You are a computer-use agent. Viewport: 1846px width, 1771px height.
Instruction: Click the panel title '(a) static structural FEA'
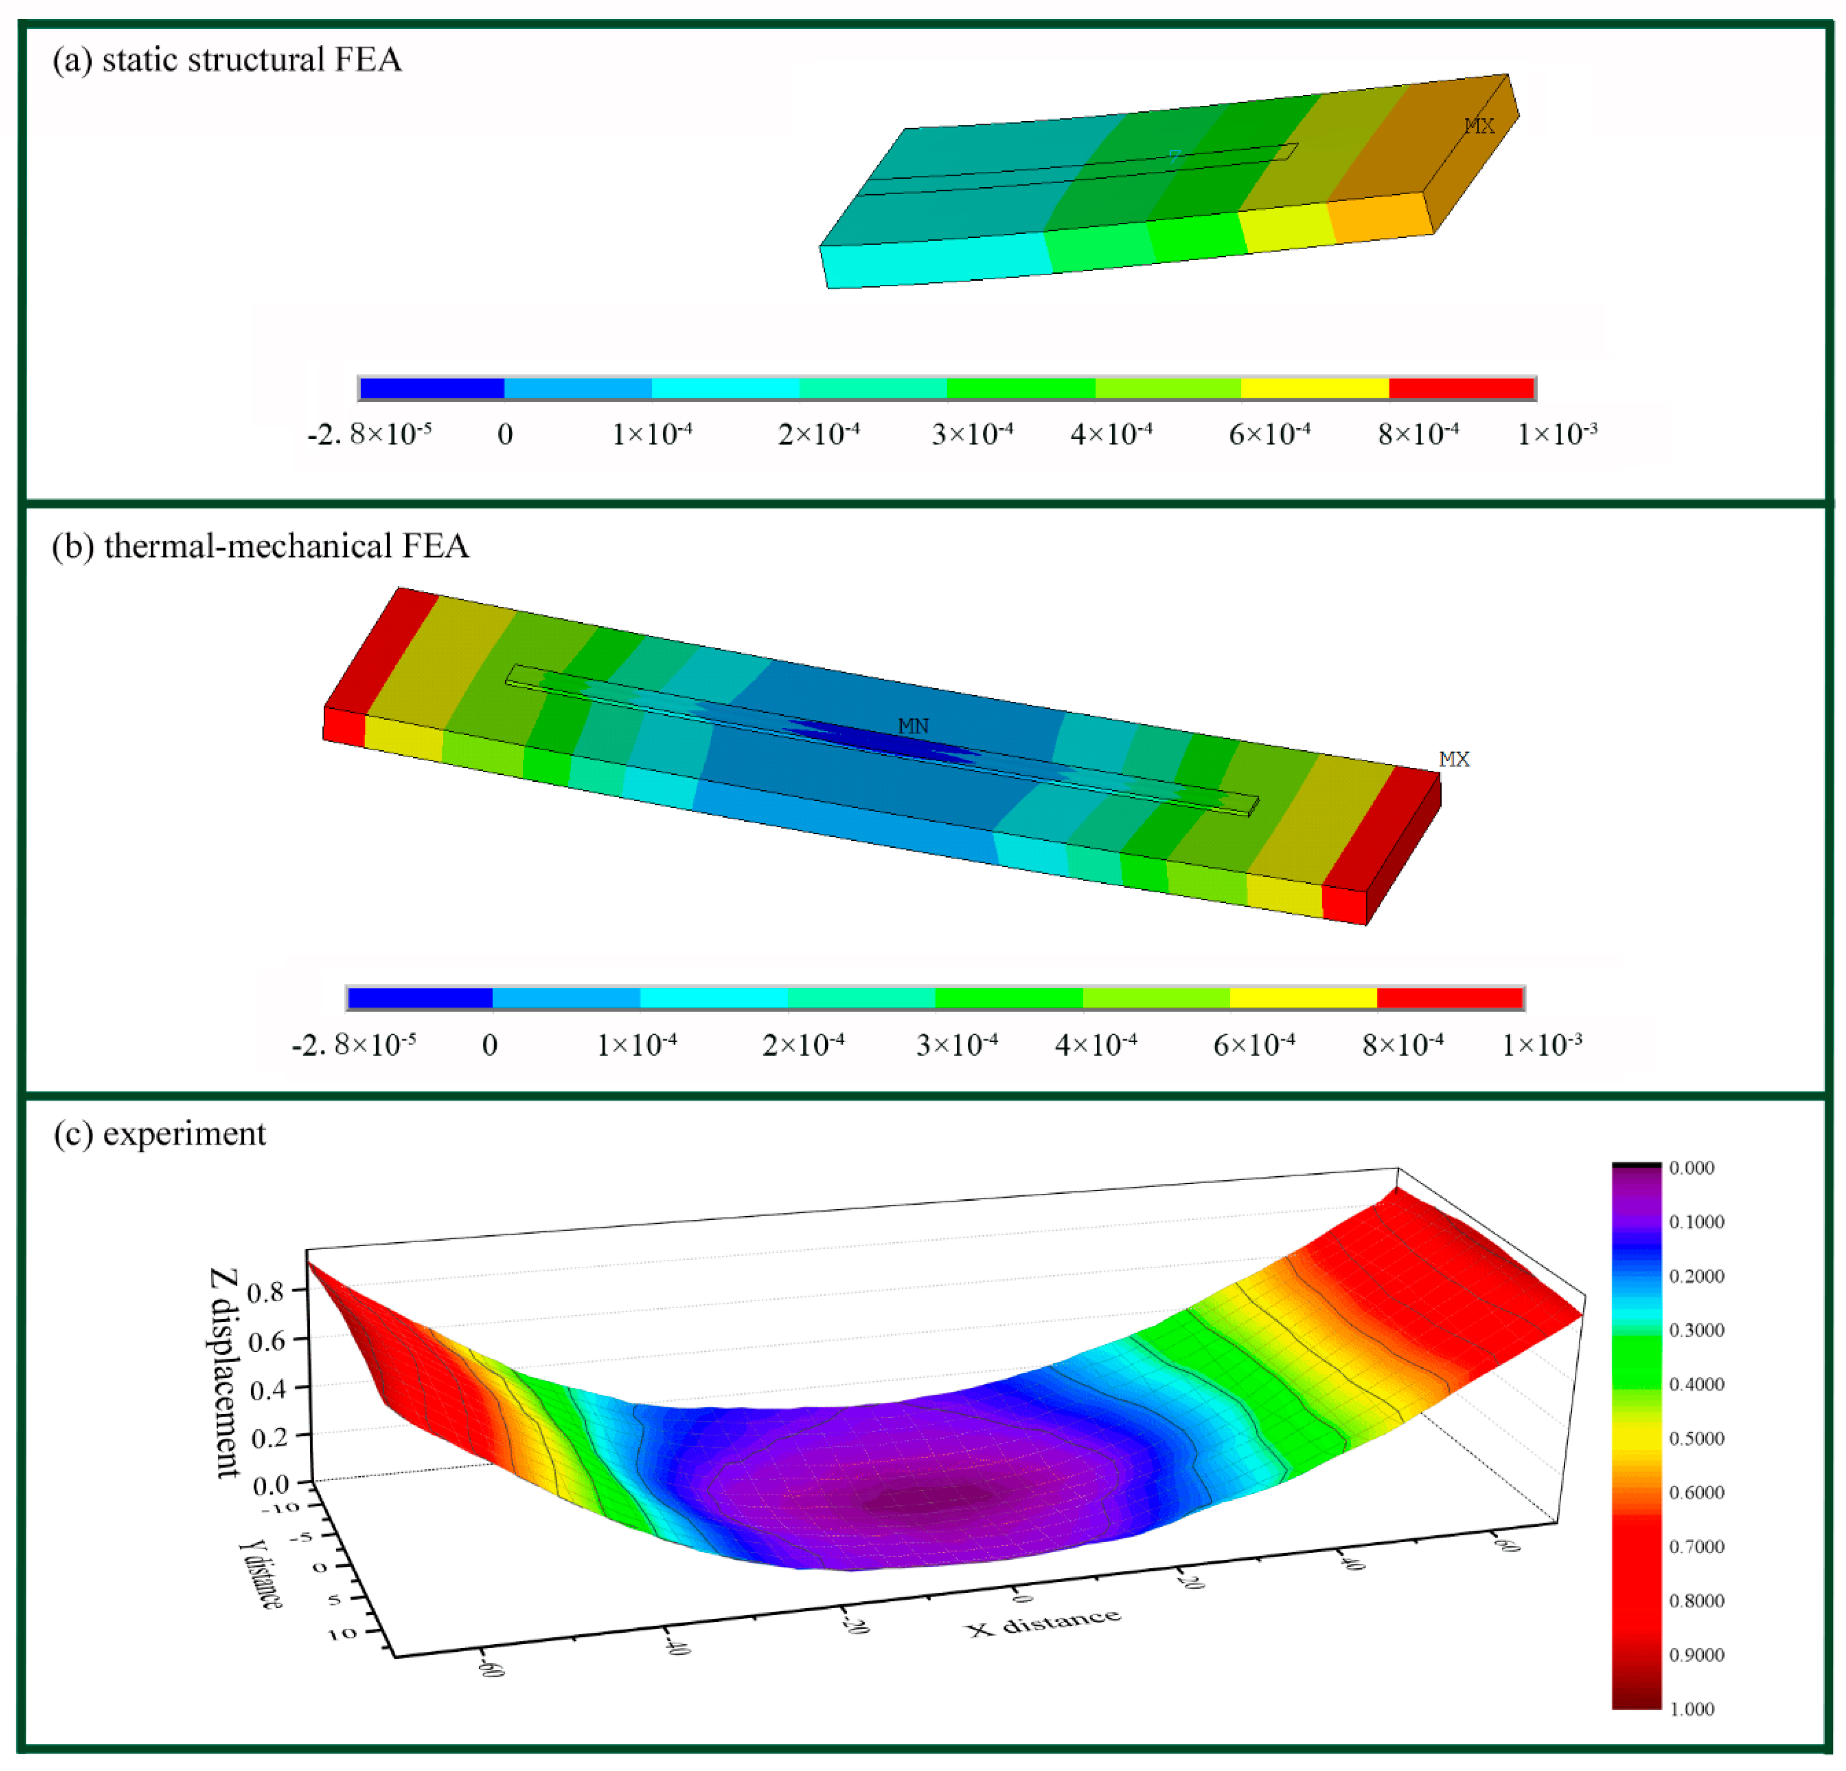(x=227, y=60)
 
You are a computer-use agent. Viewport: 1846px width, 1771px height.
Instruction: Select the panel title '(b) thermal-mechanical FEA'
(x=260, y=546)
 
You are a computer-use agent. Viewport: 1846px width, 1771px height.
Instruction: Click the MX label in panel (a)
(x=1479, y=126)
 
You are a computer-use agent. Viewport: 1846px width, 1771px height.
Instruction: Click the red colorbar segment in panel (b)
(x=1450, y=998)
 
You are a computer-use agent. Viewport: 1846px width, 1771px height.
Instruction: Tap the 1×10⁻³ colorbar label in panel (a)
(x=1557, y=434)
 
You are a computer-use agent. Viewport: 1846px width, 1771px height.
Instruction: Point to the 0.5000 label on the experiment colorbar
(x=1696, y=1438)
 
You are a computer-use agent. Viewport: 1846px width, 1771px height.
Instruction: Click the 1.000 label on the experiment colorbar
(x=1692, y=1709)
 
